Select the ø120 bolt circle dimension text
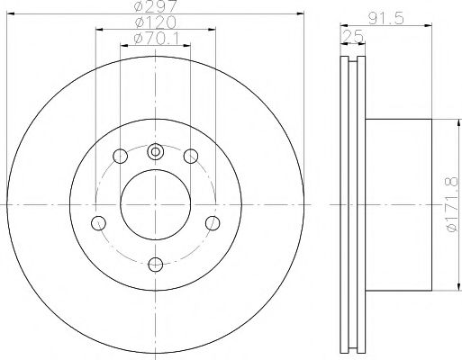155,22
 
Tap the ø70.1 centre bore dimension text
155,37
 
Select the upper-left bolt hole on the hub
119,157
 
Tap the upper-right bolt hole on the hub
191,157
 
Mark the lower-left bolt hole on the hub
99,222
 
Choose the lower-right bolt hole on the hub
213,222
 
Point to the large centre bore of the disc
155,206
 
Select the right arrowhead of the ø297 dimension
302,15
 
